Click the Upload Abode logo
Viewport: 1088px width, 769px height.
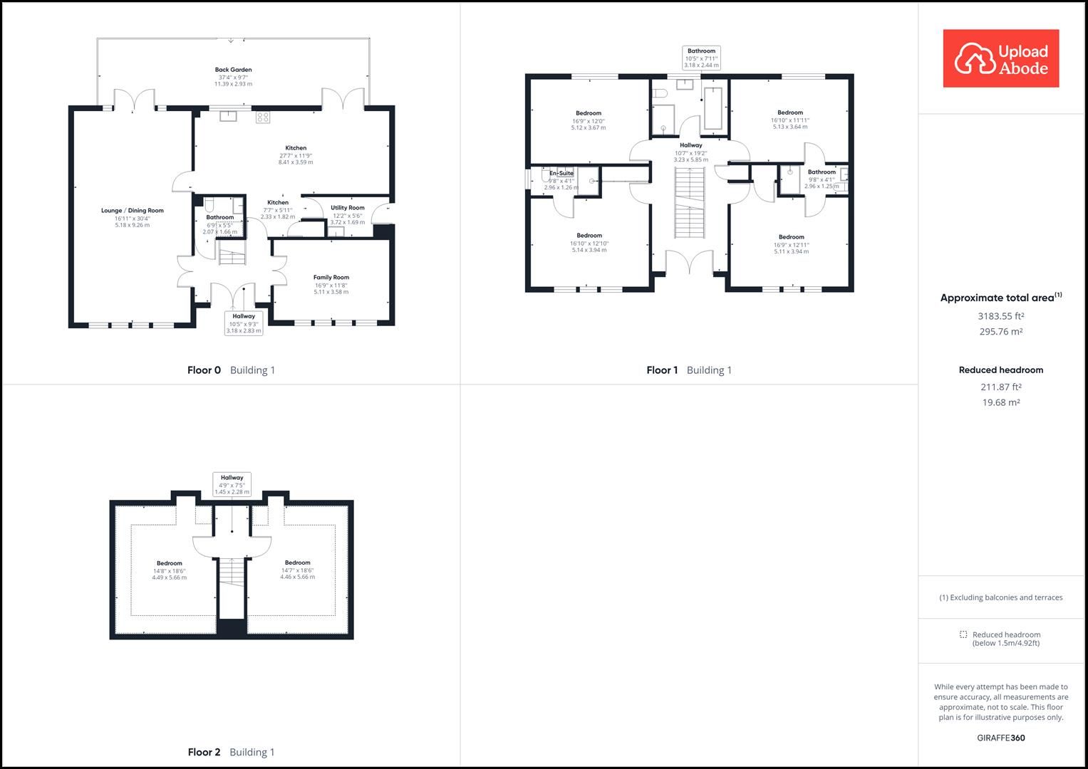tap(1000, 58)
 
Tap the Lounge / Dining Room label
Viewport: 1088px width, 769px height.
tap(133, 211)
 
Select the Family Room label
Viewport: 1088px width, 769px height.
tap(331, 278)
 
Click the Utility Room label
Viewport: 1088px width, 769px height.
tap(347, 208)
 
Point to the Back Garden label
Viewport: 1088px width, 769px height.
tap(233, 70)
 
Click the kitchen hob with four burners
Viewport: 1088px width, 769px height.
tap(263, 117)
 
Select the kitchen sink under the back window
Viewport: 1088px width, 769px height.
tap(228, 116)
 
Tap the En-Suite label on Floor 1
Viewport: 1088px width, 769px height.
tap(561, 173)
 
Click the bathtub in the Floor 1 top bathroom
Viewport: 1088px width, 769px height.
tap(713, 108)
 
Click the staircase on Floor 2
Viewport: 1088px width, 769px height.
tap(231, 572)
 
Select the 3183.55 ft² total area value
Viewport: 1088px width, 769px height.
tap(1000, 316)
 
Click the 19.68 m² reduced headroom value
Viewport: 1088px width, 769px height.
tap(1000, 402)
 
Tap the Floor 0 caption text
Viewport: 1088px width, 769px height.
tap(204, 370)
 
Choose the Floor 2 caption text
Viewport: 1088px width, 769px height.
tap(204, 752)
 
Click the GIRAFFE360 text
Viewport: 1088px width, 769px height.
tap(1000, 738)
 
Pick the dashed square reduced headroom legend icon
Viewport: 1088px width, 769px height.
tap(963, 634)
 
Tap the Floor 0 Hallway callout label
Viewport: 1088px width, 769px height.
tap(244, 316)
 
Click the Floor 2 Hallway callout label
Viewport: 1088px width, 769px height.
tap(232, 478)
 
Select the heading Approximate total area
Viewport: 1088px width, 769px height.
tap(998, 298)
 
